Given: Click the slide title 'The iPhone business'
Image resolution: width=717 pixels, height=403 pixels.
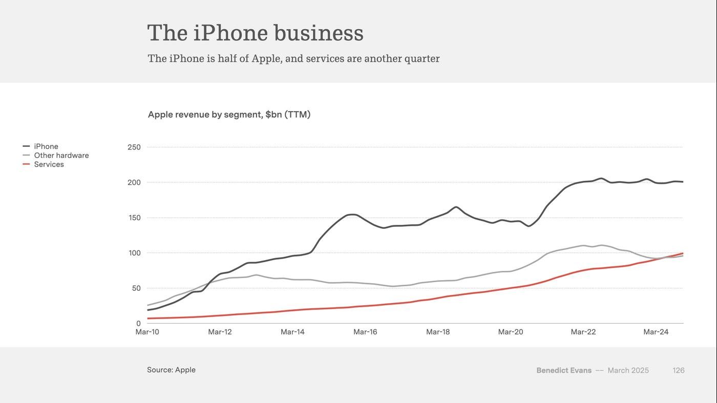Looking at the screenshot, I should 255,33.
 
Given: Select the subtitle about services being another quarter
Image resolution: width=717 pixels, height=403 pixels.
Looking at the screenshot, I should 293,58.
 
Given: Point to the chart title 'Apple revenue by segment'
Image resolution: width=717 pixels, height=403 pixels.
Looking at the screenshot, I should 229,114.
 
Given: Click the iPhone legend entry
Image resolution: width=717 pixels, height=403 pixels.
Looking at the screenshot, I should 46,146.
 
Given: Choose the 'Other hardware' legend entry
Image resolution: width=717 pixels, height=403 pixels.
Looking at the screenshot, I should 61,155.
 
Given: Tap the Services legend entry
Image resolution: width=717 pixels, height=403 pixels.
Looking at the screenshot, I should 49,164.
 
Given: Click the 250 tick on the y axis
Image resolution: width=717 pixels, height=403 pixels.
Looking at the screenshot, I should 134,147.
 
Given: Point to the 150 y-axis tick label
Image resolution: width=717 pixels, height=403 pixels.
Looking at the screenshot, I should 134,218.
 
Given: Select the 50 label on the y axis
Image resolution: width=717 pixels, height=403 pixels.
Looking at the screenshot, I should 136,288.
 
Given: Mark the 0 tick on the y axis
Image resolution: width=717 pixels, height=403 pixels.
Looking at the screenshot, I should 138,324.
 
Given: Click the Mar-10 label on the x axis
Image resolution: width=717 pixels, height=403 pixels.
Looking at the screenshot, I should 147,332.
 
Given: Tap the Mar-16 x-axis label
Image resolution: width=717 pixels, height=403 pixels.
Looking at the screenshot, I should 365,332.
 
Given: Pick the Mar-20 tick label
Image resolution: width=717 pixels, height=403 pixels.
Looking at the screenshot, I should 511,332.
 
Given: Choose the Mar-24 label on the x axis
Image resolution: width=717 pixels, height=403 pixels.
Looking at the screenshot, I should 656,332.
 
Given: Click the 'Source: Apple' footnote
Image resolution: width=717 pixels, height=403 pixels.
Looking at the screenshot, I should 171,370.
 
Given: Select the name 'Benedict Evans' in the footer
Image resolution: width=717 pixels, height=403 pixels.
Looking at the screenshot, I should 564,370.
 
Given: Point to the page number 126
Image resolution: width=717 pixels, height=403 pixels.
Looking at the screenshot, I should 679,370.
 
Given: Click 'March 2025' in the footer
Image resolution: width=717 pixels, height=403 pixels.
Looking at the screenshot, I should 628,370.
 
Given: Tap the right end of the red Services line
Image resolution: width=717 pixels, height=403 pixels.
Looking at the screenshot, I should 683,253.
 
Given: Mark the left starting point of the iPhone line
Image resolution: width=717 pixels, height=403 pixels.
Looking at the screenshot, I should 148,310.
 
